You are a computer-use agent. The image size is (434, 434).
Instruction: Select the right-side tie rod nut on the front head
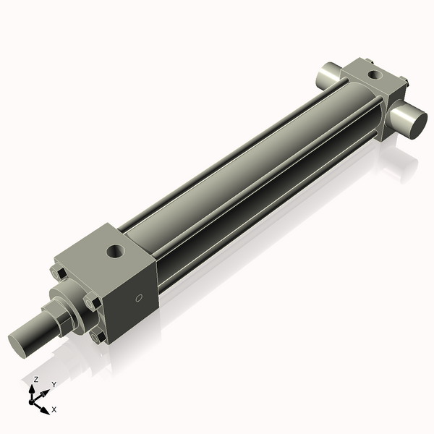(91, 301)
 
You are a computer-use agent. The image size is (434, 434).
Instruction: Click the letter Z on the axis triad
(35, 379)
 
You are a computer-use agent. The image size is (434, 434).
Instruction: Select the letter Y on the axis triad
(54, 385)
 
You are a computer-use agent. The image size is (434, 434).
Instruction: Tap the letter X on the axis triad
(54, 409)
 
